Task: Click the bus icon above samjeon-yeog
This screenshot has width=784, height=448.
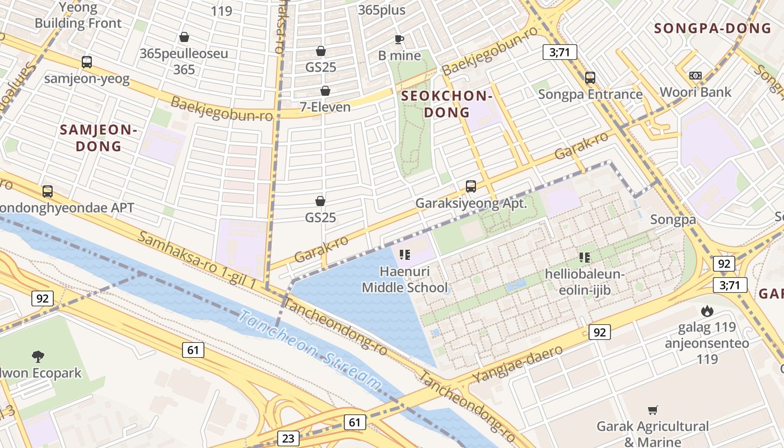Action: coord(87,62)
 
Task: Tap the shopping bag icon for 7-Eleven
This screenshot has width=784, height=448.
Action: coord(325,91)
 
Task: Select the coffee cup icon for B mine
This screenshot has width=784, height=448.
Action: coord(399,39)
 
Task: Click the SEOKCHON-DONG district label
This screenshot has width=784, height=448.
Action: coord(447,104)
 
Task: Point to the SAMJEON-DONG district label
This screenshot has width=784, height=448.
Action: coord(99,138)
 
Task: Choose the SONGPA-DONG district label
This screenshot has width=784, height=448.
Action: coord(713,28)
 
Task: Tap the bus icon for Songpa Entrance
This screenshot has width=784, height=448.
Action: coord(590,78)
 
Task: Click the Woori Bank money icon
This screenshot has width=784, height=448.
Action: coord(696,76)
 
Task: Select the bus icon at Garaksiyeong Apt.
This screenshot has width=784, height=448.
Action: coord(471,186)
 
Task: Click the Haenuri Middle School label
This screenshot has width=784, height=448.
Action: coord(405,279)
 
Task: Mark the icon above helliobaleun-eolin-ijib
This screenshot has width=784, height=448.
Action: coord(585,258)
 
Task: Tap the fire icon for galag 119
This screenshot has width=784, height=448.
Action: coord(707,311)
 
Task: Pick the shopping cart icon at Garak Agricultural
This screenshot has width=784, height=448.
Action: coord(653,410)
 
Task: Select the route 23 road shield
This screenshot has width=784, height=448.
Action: coord(288,438)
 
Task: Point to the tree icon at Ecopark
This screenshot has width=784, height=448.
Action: coord(38,356)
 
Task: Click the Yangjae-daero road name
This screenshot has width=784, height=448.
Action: coord(517,365)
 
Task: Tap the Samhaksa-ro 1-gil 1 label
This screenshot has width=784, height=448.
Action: coord(197,261)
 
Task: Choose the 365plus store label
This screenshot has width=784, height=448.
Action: coord(381,10)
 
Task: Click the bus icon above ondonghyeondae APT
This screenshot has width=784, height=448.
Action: coord(48,192)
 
